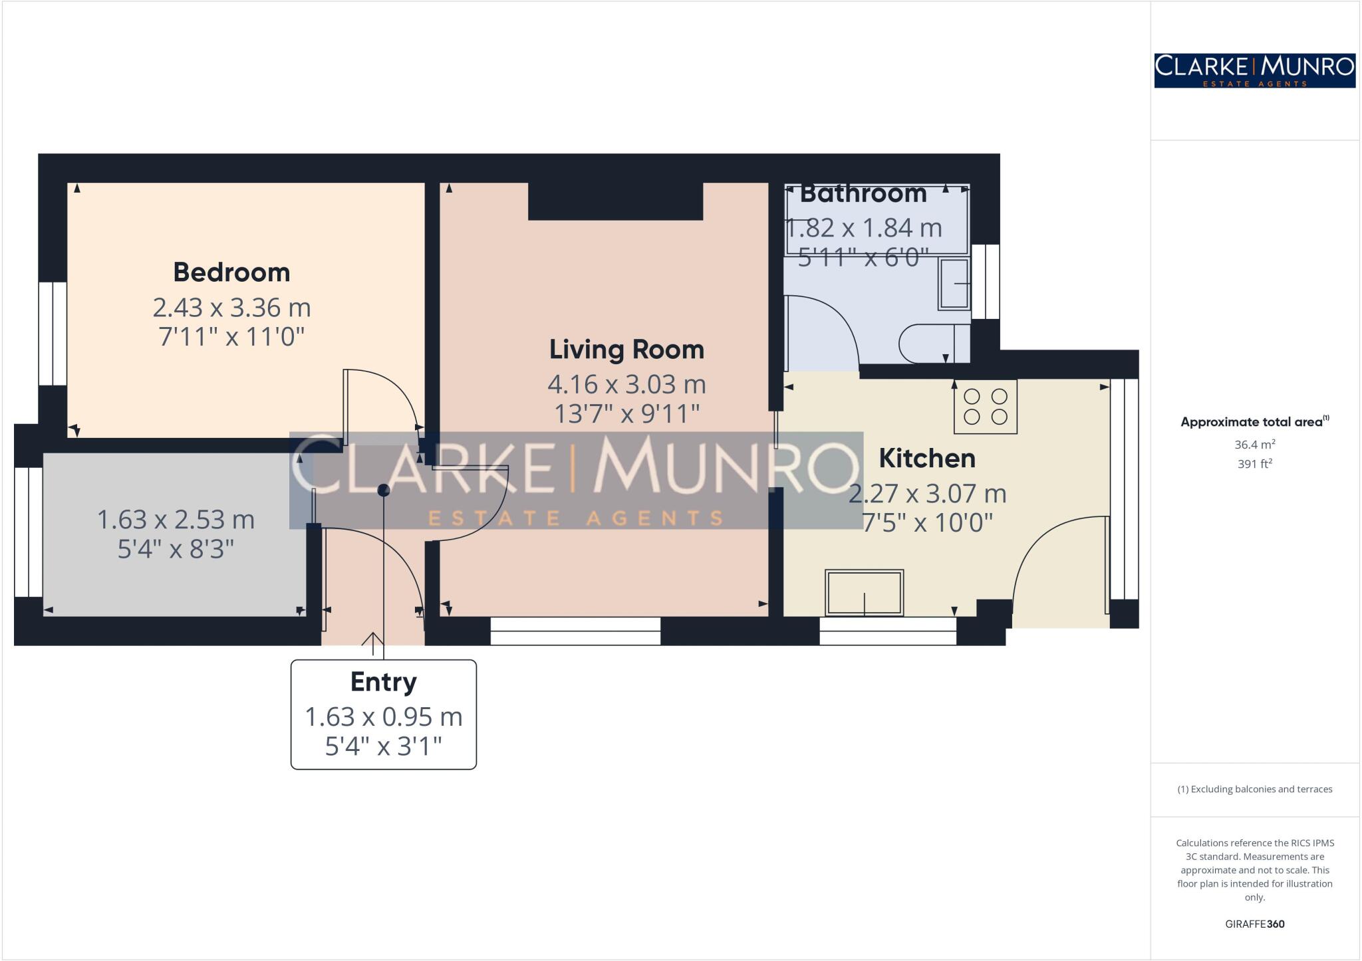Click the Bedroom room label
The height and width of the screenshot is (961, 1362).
pos(231,272)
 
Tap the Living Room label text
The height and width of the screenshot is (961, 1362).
pos(626,350)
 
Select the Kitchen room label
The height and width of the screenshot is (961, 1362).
pos(927,459)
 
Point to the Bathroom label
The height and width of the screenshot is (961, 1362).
pos(863,194)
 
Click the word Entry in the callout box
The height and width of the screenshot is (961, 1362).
pos(384,682)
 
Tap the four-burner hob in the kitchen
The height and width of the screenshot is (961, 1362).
pos(986,407)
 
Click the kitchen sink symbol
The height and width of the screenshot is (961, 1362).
pos(864,593)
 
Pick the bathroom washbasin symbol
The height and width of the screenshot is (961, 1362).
pos(954,284)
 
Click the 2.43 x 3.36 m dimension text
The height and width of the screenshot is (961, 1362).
pos(231,308)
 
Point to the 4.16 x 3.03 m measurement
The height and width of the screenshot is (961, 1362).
pos(626,384)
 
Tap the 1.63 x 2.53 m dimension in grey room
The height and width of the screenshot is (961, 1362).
pos(176,520)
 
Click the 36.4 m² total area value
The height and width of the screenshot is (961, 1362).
pos(1254,445)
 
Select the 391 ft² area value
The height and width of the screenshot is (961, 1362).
pos(1254,464)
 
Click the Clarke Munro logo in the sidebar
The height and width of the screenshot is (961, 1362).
pos(1254,70)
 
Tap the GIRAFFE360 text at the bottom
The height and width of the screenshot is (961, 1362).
pos(1254,924)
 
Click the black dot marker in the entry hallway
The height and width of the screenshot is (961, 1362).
pos(384,490)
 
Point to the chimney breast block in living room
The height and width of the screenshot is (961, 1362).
pos(615,201)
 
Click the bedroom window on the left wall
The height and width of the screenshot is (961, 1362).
pos(53,334)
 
